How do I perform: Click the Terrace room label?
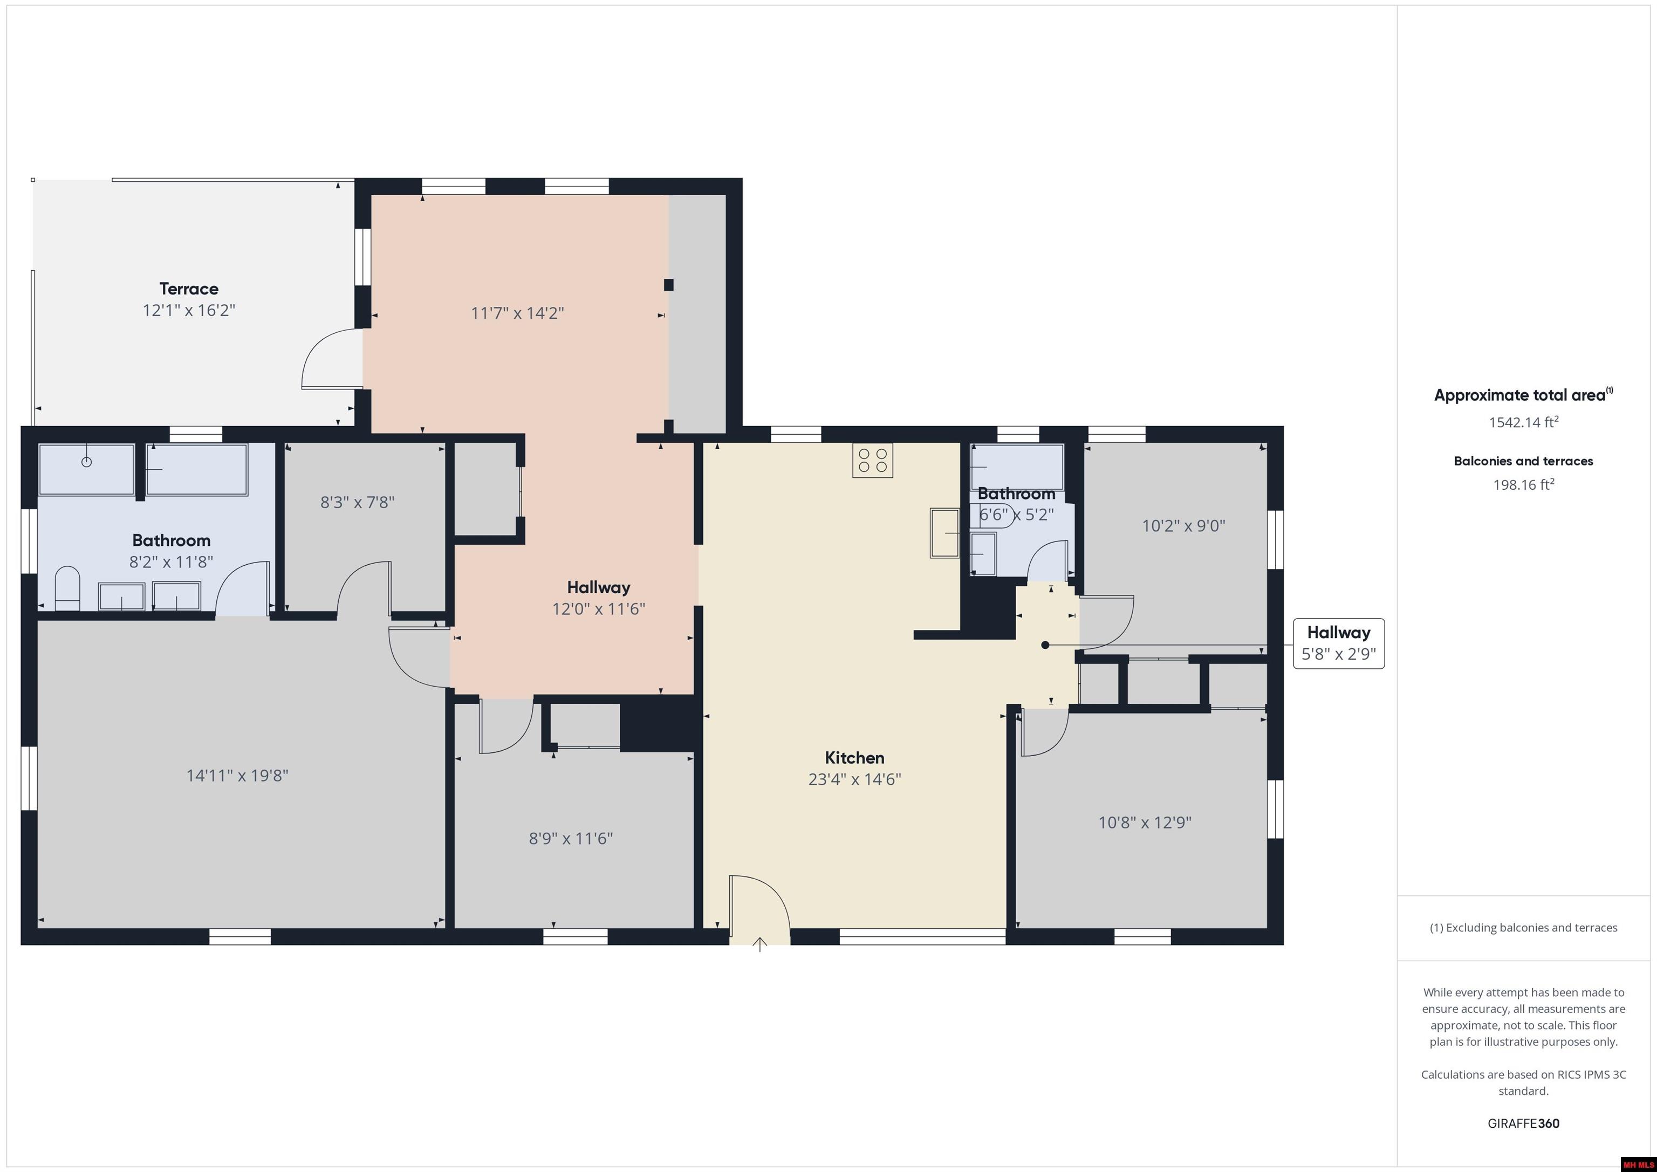click(189, 289)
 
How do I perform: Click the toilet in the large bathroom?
click(67, 588)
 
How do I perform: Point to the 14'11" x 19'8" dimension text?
click(237, 776)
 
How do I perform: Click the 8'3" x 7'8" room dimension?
click(357, 502)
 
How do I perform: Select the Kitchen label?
click(854, 758)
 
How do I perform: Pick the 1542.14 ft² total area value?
click(1523, 422)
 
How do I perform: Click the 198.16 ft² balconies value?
click(1523, 485)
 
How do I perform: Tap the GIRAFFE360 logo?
click(1523, 1123)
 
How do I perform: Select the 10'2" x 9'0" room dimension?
click(1183, 526)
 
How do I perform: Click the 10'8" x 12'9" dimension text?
click(1145, 823)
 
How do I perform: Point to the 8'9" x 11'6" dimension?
click(571, 839)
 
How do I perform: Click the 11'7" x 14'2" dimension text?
click(517, 313)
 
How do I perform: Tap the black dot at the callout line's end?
click(1045, 645)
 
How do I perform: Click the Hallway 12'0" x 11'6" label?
click(598, 598)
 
